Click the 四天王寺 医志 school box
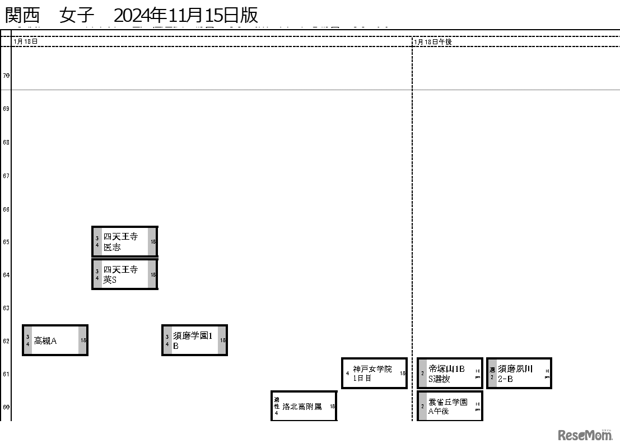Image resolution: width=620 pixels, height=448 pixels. point(124,242)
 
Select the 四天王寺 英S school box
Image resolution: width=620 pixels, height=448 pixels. point(124,274)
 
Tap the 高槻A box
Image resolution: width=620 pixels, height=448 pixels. point(55,340)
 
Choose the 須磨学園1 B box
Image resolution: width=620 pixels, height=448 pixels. point(194,340)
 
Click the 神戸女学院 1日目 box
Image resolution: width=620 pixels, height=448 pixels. point(374,373)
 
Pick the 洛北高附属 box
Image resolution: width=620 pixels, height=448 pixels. point(304,406)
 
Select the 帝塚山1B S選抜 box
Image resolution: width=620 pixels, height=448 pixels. point(450,374)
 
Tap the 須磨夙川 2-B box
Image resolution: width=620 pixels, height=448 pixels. point(519,374)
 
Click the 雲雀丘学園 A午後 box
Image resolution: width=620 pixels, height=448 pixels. point(450,406)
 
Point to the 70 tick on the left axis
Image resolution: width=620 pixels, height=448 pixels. point(6,75)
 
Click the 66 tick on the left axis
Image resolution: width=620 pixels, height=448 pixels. point(6,209)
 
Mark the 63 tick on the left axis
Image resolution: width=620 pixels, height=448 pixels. point(6,308)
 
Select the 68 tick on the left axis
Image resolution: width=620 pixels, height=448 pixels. point(6,142)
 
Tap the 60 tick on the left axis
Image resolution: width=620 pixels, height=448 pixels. point(6,407)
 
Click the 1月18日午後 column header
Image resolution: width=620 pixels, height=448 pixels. point(433,42)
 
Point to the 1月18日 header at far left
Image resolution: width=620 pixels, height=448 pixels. point(26,42)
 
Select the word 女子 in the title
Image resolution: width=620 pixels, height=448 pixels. point(77,15)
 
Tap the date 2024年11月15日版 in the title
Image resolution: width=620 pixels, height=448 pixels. point(185,15)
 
